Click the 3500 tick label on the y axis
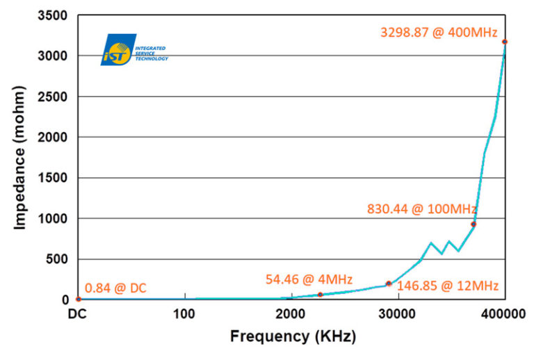pyautogui.click(x=52, y=15)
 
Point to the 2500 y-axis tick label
pyautogui.click(x=52, y=97)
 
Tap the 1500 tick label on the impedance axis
pyautogui.click(x=52, y=178)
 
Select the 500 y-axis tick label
pyautogui.click(x=56, y=259)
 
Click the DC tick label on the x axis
pyautogui.click(x=77, y=313)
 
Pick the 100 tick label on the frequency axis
pyautogui.click(x=184, y=313)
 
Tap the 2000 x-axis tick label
pyautogui.click(x=291, y=313)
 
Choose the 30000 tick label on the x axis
pyautogui.click(x=397, y=313)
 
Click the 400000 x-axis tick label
pyautogui.click(x=503, y=313)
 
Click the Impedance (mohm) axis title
pyautogui.click(x=19, y=158)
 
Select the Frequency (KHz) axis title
pyautogui.click(x=293, y=336)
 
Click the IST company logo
pyautogui.click(x=134, y=49)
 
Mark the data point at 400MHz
pyautogui.click(x=505, y=42)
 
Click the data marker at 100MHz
pyautogui.click(x=474, y=224)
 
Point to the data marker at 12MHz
pyautogui.click(x=389, y=284)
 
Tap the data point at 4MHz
pyautogui.click(x=320, y=295)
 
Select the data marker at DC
pyautogui.click(x=79, y=299)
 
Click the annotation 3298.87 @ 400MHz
pyautogui.click(x=439, y=33)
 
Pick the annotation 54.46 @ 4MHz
pyautogui.click(x=309, y=279)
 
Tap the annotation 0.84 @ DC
pyautogui.click(x=115, y=288)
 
